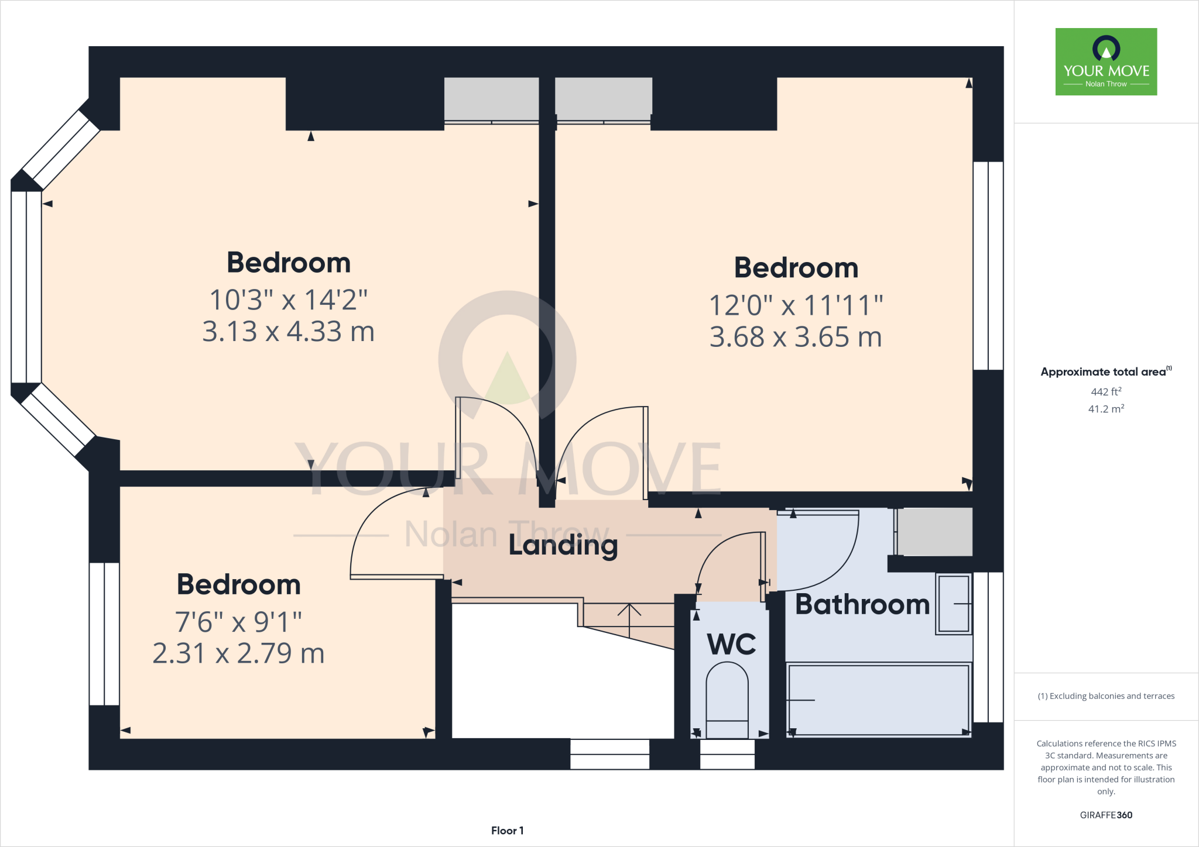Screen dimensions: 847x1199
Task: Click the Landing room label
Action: coord(563,545)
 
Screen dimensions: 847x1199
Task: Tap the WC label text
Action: coord(731,645)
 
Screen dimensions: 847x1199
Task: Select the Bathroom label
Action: coord(862,604)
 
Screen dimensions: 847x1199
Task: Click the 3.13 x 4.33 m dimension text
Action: coord(288,332)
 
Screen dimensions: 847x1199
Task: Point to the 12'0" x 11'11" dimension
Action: coord(796,305)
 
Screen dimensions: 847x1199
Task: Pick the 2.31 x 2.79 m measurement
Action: coord(238,653)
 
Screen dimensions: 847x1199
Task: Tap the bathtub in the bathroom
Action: coord(878,699)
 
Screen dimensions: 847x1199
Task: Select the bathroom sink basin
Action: coord(954,604)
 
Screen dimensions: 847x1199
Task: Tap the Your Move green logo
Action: coord(1106,62)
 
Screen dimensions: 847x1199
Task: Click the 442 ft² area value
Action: coord(1106,392)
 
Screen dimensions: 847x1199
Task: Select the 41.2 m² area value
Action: coord(1106,409)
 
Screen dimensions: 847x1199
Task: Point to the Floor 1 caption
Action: coord(507,831)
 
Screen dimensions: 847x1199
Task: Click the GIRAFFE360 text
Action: coord(1106,815)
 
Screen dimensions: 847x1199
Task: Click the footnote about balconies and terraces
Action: coord(1106,696)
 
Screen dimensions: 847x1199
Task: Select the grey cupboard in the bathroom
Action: coord(935,531)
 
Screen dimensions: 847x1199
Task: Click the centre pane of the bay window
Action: coord(26,287)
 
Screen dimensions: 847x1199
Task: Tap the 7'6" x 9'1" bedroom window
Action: coord(104,633)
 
